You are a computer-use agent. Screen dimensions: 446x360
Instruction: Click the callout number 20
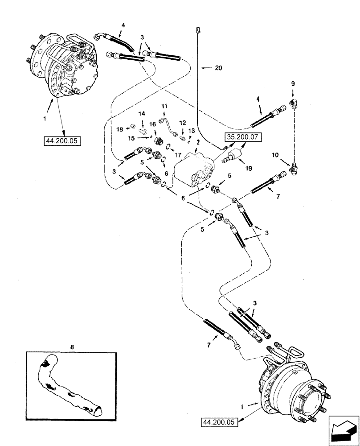[x=218, y=68]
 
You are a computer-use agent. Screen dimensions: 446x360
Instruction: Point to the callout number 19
[x=249, y=169]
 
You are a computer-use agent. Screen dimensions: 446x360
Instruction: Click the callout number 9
[x=293, y=83]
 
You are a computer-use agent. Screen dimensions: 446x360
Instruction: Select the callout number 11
[x=164, y=106]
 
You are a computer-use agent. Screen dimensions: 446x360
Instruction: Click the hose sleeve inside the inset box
[x=71, y=384]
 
